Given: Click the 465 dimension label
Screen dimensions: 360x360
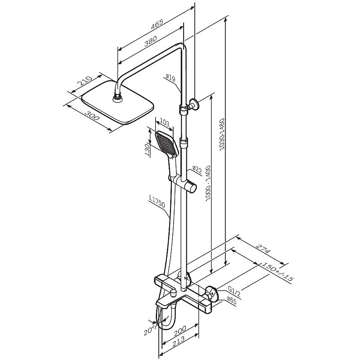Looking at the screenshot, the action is (x=157, y=24).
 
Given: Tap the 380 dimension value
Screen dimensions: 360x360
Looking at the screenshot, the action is (x=151, y=41).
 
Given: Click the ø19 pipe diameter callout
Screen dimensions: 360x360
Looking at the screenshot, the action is (x=171, y=78).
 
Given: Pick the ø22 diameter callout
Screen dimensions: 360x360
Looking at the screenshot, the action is (x=197, y=170).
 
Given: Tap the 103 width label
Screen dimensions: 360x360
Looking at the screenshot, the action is (x=164, y=122).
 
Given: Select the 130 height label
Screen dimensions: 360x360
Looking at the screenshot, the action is (x=147, y=150).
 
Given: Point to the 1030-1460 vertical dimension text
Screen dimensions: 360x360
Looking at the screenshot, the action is (x=222, y=135).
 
